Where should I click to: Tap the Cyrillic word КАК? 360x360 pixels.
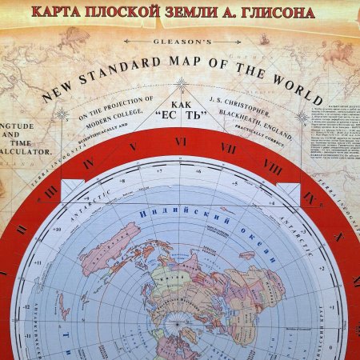pyautogui.click(x=182, y=102)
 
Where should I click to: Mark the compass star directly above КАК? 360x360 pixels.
pyautogui.click(x=182, y=82)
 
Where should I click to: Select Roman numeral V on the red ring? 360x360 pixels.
pyautogui.click(x=133, y=147)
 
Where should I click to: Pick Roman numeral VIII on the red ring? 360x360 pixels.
pyautogui.click(x=271, y=169)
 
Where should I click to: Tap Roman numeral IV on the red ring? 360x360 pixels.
pyautogui.click(x=89, y=163)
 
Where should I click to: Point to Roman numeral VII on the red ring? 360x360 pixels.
pyautogui.click(x=228, y=148)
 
